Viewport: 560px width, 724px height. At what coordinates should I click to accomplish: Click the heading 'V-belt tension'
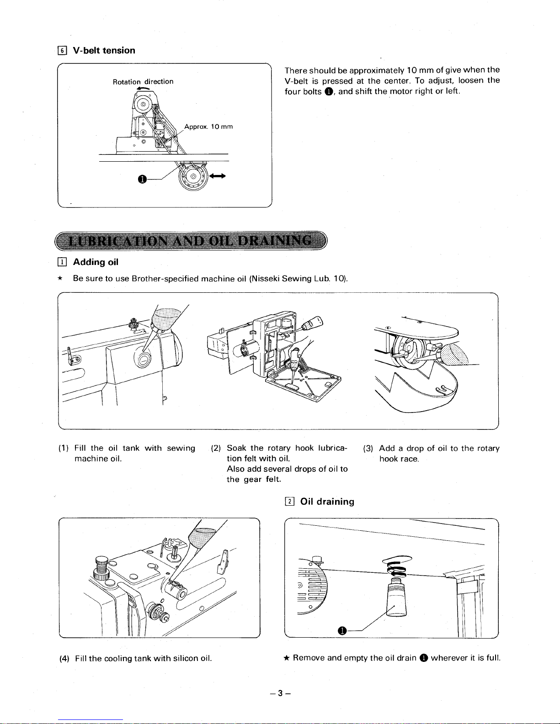pos(104,50)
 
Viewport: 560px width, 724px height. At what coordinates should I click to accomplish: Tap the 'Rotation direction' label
pos(143,82)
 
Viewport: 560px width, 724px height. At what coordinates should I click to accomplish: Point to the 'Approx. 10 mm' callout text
pos(208,127)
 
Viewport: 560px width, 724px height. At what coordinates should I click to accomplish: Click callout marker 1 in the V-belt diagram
pos(142,180)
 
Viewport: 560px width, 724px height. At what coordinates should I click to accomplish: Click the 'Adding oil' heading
pos(96,262)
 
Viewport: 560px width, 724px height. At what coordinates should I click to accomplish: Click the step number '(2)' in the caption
pos(216,448)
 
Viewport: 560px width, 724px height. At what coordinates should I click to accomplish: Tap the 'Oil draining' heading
pos(327,502)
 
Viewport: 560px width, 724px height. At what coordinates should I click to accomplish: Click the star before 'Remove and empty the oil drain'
pos(286,658)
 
